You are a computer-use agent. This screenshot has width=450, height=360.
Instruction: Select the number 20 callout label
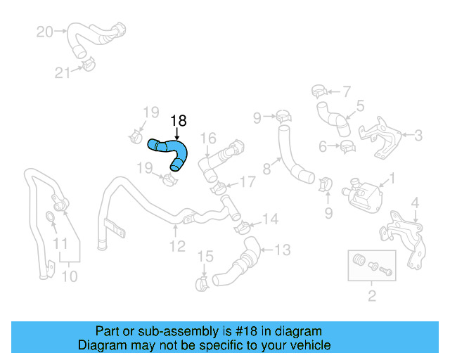[44, 32]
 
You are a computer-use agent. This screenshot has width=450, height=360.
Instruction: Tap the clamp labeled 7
[318, 91]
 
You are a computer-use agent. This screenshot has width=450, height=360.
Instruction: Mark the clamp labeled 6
[347, 147]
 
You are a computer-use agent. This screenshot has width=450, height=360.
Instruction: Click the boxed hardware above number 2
[371, 264]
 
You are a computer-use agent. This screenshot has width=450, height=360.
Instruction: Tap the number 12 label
[177, 246]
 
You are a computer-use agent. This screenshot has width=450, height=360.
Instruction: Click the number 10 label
[69, 276]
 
